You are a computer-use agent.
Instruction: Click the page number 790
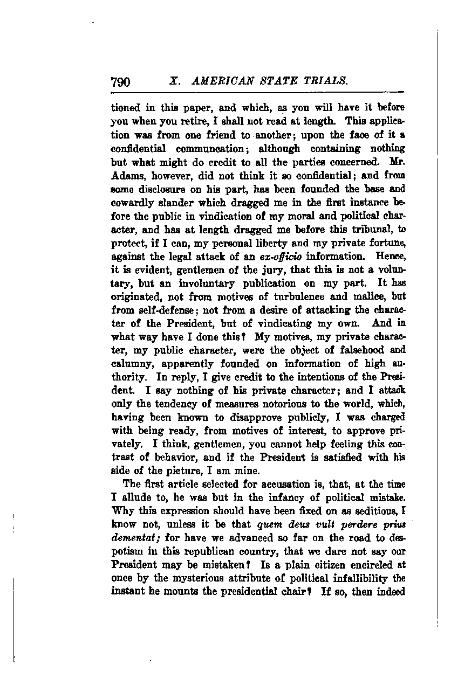coord(121,82)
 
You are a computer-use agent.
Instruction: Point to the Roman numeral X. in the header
coord(174,81)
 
